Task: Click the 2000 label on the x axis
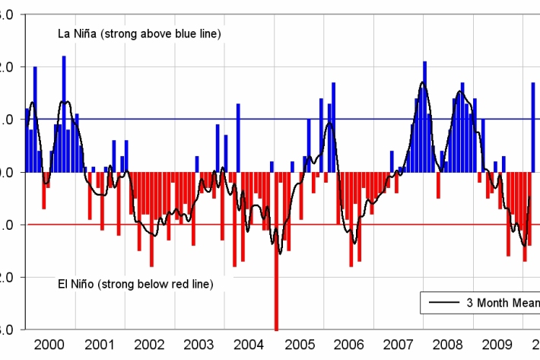coord(50,344)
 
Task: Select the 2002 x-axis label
coord(149,344)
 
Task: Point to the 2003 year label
coord(199,344)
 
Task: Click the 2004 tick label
coord(249,344)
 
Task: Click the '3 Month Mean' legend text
coord(502,303)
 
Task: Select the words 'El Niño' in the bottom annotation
coord(77,284)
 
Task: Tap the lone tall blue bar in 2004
coord(238,138)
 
